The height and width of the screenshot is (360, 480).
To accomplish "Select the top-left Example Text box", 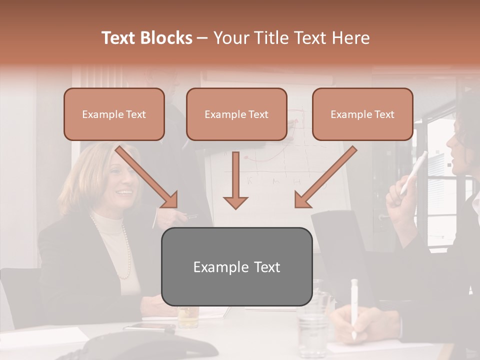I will (114, 114).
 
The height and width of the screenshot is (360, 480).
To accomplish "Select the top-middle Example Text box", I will (236, 114).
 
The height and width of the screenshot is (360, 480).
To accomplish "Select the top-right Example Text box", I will (362, 114).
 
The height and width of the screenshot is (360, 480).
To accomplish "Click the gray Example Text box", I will (236, 266).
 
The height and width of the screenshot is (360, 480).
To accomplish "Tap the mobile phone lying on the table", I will (149, 328).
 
